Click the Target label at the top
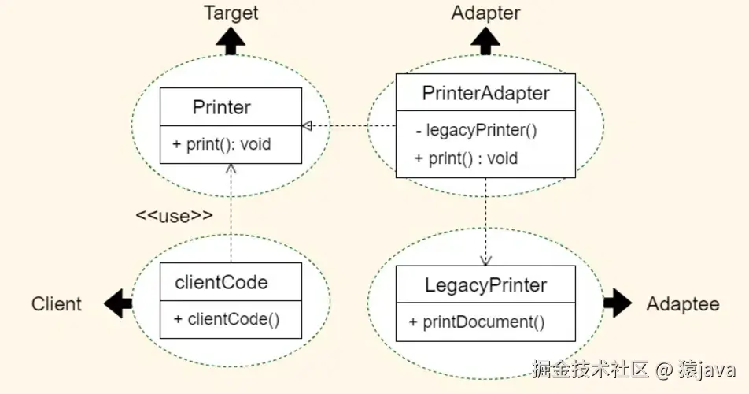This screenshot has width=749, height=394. (231, 13)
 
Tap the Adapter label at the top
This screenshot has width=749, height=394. (485, 13)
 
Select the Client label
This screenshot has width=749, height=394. (57, 304)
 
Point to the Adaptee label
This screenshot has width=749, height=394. (683, 304)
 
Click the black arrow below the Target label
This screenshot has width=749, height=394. (231, 40)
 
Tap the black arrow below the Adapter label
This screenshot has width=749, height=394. (485, 40)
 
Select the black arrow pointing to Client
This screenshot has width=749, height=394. (119, 303)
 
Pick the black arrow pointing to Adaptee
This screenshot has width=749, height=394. (618, 302)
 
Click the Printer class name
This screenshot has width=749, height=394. (222, 107)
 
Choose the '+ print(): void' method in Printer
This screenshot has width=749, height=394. (223, 144)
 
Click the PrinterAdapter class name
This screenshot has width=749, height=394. (485, 93)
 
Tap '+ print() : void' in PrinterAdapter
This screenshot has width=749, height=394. (466, 158)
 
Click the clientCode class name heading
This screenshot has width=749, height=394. (221, 282)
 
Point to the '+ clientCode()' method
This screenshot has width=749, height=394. (227, 319)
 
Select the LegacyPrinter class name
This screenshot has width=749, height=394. (485, 284)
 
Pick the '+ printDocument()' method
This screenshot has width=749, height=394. (477, 322)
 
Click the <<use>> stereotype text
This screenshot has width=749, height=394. (174, 215)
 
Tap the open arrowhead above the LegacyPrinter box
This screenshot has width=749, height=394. (485, 259)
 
